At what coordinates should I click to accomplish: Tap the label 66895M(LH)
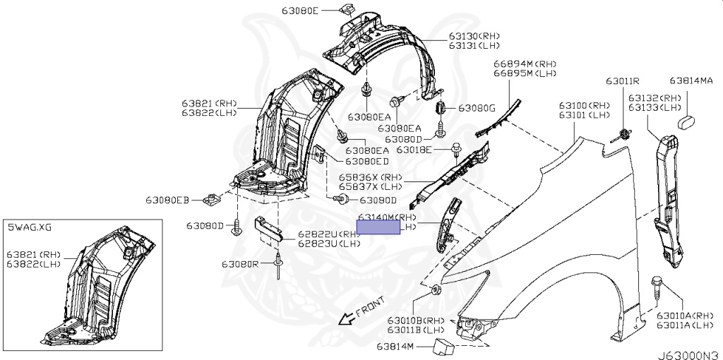point(525,73)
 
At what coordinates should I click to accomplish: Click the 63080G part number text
point(477,108)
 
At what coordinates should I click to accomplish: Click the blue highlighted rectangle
point(378,227)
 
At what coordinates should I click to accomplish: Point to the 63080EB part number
point(168,200)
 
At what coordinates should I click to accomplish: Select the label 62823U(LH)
point(329,243)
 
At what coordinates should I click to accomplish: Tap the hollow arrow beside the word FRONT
point(346,319)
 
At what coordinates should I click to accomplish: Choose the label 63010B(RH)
point(416,320)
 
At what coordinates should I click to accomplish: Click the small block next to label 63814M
point(443,346)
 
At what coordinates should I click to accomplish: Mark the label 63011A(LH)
point(686,325)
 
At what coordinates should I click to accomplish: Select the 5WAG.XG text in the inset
point(30,227)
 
